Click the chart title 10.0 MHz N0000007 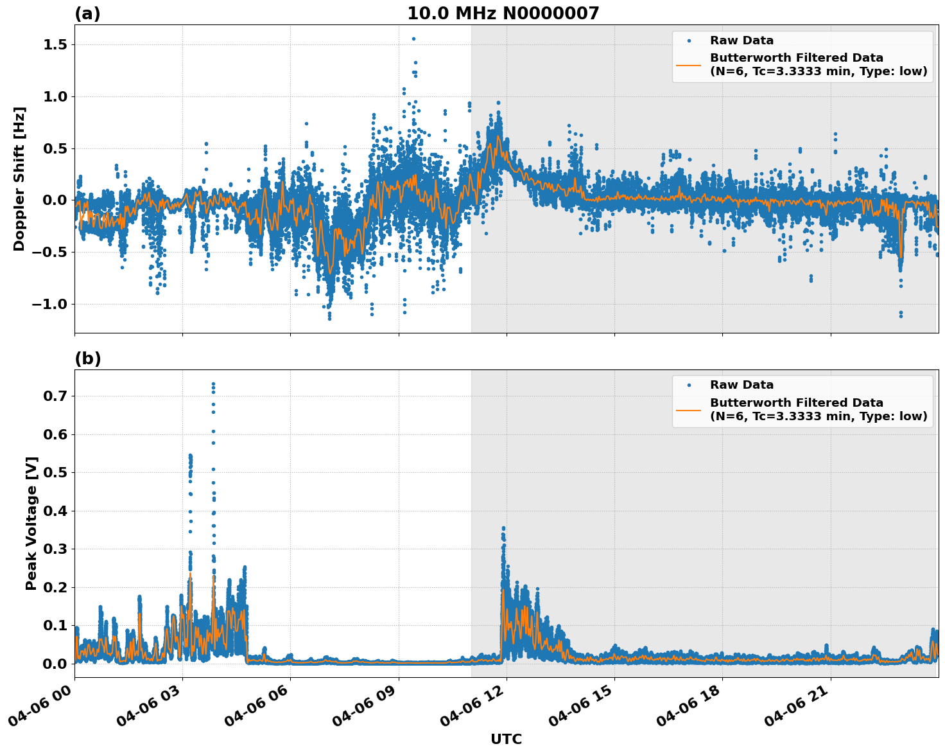point(503,13)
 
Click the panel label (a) point(87,13)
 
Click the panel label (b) point(87,359)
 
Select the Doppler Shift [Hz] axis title point(19,179)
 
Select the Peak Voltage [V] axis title point(31,523)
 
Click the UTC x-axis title point(506,739)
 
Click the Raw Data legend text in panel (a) point(741,41)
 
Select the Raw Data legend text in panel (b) point(741,385)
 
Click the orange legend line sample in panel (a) point(689,64)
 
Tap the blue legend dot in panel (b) point(689,385)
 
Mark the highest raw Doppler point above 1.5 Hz point(413,39)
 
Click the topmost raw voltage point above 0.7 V point(213,384)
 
